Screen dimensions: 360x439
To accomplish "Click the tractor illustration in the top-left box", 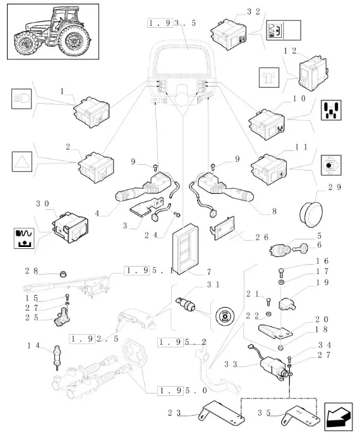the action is click(52, 31).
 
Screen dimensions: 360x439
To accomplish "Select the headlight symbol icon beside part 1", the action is click(21, 99).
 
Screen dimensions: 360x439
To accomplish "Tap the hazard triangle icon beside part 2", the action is click(22, 162).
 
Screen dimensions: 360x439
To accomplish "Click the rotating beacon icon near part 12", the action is click(269, 78).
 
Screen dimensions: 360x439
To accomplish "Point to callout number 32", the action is click(254, 11).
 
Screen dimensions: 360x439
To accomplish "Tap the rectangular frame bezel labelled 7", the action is click(185, 249).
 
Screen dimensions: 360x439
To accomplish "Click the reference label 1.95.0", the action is click(183, 390).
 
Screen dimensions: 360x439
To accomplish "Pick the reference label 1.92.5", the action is click(94, 339).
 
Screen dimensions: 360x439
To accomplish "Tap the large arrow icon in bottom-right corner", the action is click(338, 417).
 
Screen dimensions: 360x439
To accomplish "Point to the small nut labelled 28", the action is click(64, 274).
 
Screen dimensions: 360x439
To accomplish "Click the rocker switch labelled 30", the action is click(70, 227).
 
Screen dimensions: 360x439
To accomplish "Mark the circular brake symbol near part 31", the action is click(225, 316).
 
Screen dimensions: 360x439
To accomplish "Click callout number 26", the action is click(261, 237).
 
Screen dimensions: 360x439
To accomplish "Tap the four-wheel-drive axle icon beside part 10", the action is click(331, 111).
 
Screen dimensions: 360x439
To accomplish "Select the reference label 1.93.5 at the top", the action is click(172, 23).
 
